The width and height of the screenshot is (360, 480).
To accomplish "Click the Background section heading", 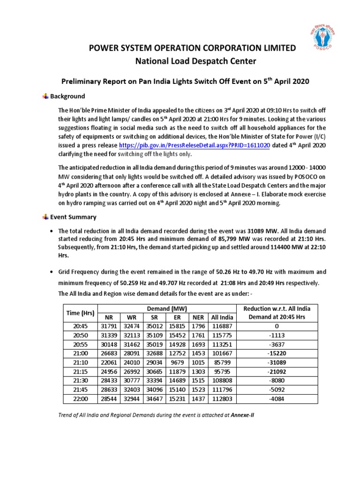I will pyautogui.click(x=67, y=96).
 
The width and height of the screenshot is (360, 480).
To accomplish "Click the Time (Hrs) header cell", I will pyautogui.click(x=80, y=312).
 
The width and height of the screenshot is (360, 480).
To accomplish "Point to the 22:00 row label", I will pyautogui.click(x=80, y=399).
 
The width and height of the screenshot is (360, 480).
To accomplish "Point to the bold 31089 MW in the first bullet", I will pyautogui.click(x=264, y=231).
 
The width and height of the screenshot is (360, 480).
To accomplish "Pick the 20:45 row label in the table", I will pyautogui.click(x=80, y=326).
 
